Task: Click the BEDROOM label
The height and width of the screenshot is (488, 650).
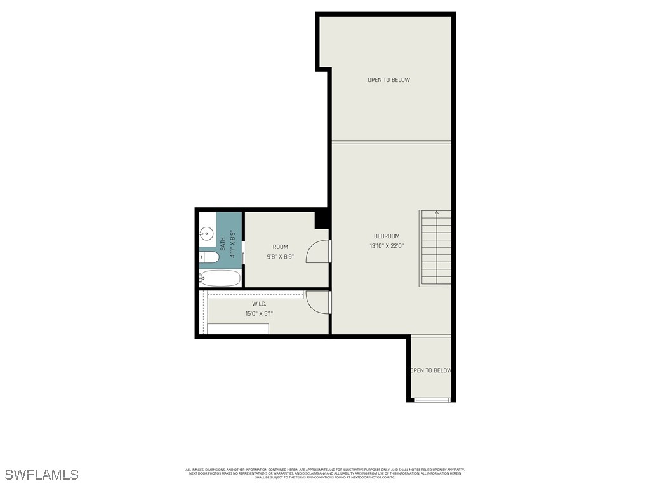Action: coord(387,236)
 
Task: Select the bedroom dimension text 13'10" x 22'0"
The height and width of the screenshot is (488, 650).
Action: coord(387,246)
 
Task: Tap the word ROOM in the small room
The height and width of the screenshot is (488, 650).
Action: coord(281,247)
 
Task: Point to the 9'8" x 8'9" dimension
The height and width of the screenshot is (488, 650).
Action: coord(281,257)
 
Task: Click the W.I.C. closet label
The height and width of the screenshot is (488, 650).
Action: coord(259,304)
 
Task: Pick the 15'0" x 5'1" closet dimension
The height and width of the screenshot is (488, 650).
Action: coord(259,314)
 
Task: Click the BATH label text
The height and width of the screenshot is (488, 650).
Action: coord(223,244)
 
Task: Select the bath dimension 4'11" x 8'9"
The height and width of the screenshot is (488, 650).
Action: coord(233,243)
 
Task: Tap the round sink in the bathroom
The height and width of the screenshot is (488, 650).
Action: coord(206,233)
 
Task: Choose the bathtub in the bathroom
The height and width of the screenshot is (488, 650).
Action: coord(220,278)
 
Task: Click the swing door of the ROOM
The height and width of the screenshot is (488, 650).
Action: coord(317,252)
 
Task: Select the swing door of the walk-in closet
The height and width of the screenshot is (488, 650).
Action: coord(317,301)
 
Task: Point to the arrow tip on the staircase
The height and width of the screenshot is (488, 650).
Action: coord(437,212)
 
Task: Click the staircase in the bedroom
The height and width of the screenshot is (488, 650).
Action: coord(435,249)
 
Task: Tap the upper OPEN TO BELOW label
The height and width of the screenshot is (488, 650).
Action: coord(388,80)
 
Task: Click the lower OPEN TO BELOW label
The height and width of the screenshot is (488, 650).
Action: coord(431,370)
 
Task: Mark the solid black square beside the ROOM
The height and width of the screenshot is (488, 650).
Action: coord(322,219)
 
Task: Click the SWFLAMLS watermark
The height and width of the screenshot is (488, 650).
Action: coord(42,475)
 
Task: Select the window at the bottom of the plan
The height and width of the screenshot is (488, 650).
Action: coord(432,400)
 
